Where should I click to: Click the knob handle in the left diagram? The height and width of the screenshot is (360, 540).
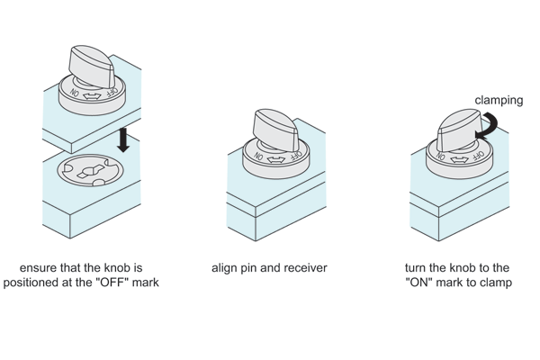pos(96,62)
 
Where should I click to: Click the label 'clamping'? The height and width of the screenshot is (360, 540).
pos(499,102)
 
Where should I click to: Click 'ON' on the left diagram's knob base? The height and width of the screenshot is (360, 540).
pos(75,92)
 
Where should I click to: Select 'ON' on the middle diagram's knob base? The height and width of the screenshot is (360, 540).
pos(260,157)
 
